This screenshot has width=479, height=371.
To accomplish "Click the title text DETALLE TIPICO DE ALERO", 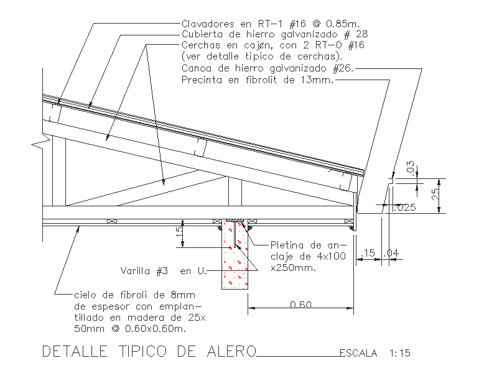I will point(149,352).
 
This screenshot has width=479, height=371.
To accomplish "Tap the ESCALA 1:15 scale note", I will point(374,354).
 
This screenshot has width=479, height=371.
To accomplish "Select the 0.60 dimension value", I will point(301,305).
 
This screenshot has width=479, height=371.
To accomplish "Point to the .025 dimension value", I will point(405,208).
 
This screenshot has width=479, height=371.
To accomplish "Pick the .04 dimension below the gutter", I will point(394,253).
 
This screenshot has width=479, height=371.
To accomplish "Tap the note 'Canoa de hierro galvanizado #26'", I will point(267,68).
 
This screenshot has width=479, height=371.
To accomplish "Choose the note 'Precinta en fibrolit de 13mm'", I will point(258,80).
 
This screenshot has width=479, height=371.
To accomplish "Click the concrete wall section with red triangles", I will point(235,264).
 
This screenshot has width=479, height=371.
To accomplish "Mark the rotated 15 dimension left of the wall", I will point(179,232).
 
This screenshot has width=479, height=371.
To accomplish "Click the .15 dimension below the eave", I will point(370,253).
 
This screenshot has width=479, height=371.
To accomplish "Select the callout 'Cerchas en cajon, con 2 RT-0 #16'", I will point(272,46).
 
